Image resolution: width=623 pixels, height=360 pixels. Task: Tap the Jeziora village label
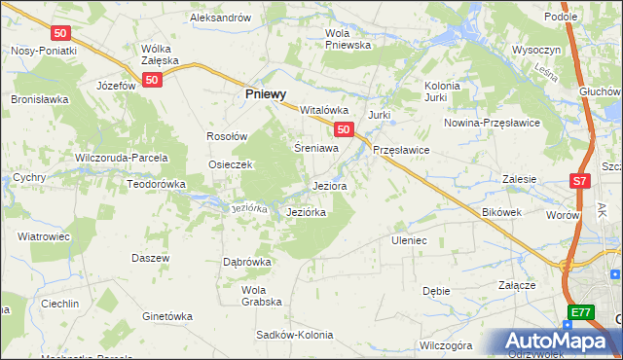pos(329,185)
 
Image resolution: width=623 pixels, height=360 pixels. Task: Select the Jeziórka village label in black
pos(306,211)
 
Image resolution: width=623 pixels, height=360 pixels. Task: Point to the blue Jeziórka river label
pos(248,208)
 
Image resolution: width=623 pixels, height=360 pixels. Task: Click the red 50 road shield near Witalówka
pos(342,129)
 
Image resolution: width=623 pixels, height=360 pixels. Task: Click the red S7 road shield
pos(579,181)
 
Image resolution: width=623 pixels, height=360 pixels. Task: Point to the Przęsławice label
pos(401,151)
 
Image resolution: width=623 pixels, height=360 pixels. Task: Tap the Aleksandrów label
pos(221,18)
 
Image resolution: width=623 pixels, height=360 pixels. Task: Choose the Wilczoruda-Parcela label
pos(122,158)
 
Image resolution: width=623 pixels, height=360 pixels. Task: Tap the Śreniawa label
pos(316,149)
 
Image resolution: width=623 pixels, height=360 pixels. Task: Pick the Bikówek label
pos(502,211)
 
